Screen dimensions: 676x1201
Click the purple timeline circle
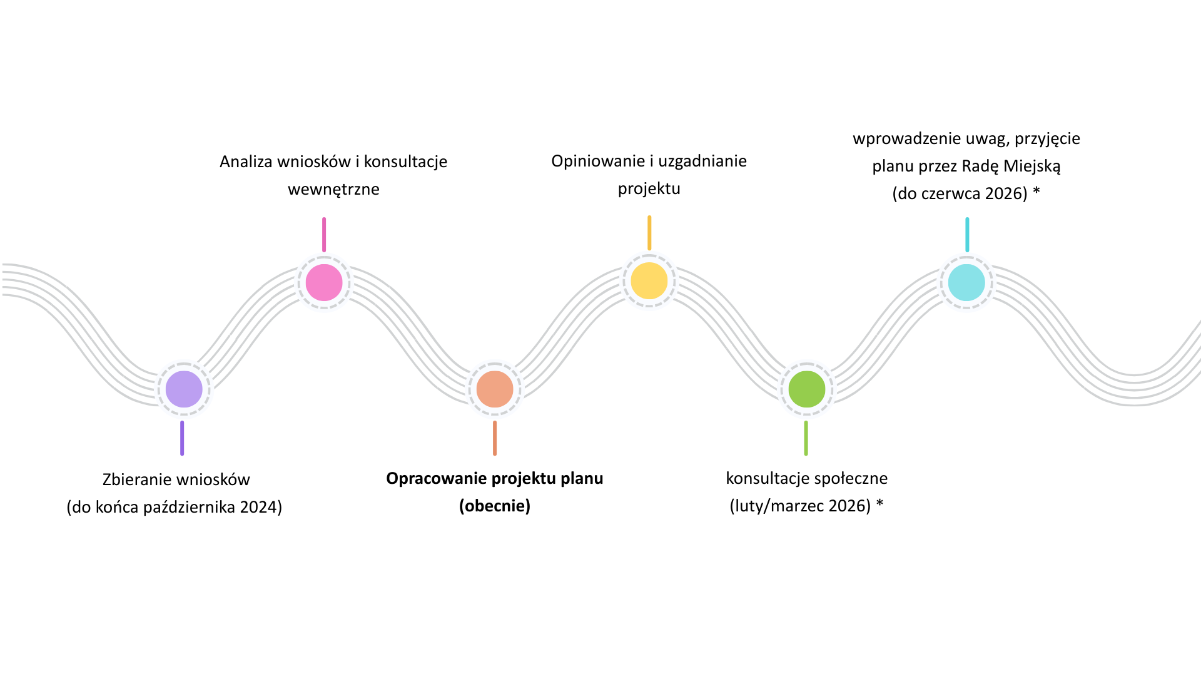[184, 389]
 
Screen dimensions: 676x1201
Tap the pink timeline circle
[324, 282]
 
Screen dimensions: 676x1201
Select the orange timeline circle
[495, 389]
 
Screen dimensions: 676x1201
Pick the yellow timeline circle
[649, 280]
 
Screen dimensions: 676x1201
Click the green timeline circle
[807, 389]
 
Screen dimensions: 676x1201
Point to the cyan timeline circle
[966, 282]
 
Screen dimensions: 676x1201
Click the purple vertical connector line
[182, 438]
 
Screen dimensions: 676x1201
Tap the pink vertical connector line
[324, 234]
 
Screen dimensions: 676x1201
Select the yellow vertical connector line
[649, 233]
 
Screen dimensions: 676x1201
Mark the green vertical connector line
[806, 438]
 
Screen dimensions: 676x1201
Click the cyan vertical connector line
[967, 234]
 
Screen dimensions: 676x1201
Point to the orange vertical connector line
[495, 438]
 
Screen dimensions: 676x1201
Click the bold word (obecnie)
[495, 506]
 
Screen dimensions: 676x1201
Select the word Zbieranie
[131, 479]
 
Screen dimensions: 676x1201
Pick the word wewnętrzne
[333, 189]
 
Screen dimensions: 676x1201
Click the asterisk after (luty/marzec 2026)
[879, 504]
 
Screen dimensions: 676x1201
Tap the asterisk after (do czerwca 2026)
[1036, 192]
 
